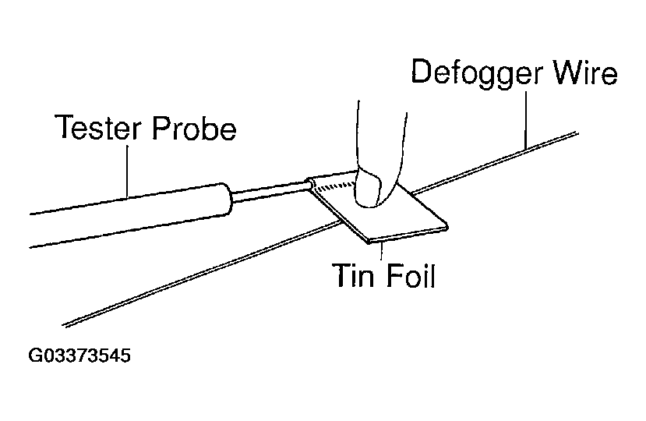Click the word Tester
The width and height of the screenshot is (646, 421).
(x=98, y=127)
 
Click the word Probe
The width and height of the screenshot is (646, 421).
(x=194, y=128)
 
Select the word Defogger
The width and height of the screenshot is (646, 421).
(x=477, y=73)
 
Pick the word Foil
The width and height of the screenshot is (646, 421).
(x=411, y=274)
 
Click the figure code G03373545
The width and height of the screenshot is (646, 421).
(x=79, y=356)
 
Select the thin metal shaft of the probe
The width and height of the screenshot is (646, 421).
(x=270, y=192)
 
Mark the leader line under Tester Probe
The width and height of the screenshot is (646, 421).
(x=127, y=172)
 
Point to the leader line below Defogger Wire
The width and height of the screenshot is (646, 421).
(x=526, y=120)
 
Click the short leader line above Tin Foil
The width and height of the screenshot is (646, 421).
(x=382, y=251)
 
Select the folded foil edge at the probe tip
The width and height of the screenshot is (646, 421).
(x=310, y=184)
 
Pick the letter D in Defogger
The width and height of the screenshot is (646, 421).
(x=422, y=72)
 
